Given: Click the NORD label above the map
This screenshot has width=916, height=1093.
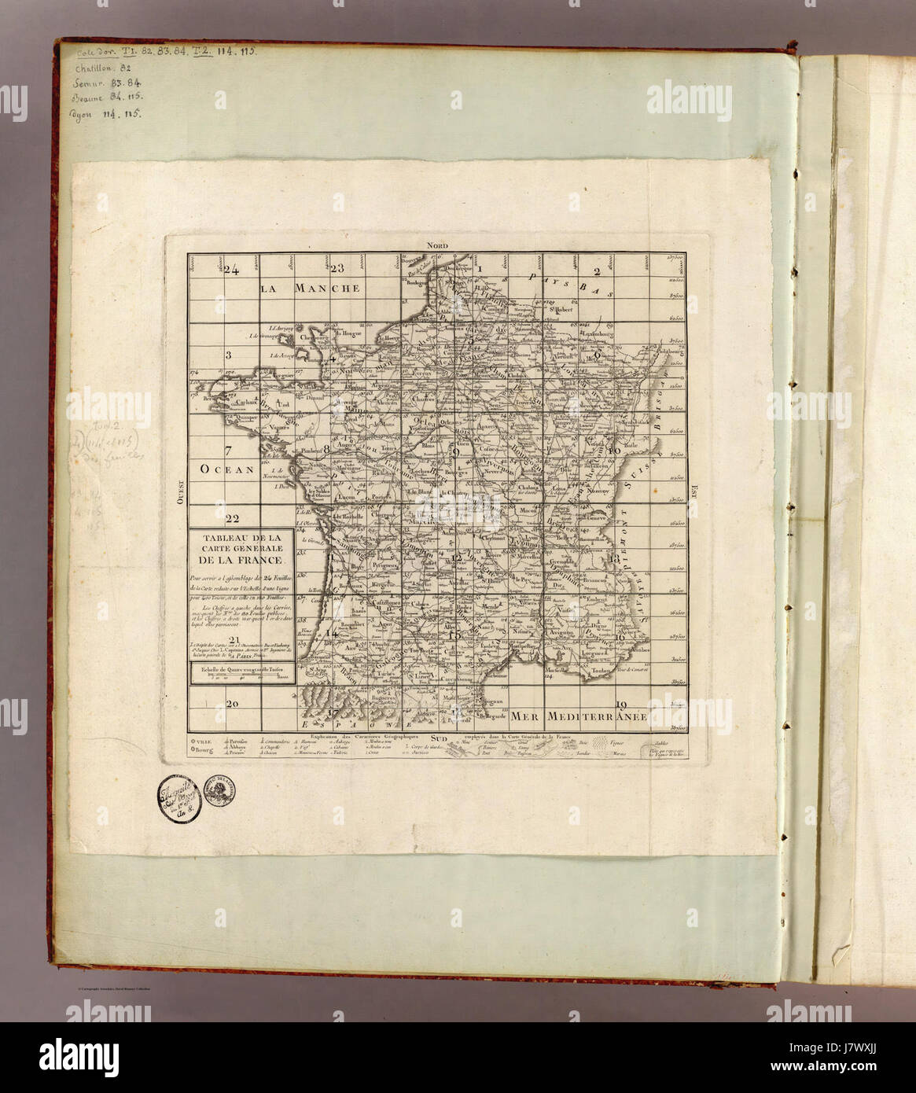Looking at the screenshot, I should pos(436,245).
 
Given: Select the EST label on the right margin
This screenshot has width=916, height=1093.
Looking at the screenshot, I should pos(693,491).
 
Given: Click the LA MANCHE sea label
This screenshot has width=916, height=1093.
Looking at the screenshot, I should pos(311,289).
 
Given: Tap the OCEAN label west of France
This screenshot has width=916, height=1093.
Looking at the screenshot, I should pos(227,469).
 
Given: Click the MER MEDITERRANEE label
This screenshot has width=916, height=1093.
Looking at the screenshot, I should pos(579,717).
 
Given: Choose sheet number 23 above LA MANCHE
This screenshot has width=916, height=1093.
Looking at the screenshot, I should pos(338,268).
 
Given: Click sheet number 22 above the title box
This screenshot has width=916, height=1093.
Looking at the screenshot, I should pos(231,518).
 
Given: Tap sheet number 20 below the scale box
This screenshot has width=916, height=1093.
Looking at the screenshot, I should pos(231,704).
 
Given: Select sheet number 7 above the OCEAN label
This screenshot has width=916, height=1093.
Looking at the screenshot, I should pos(228,451).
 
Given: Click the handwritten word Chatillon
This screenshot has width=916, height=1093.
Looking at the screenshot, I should pos(94,68).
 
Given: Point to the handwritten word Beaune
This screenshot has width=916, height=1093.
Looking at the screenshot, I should pos(91,98).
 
